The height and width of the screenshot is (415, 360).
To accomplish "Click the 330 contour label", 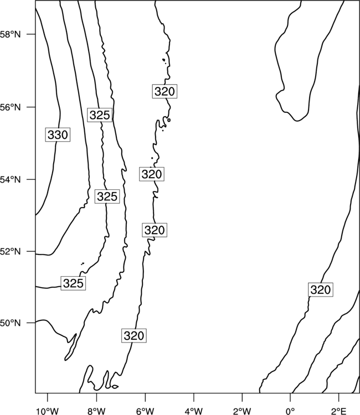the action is [x=58, y=134].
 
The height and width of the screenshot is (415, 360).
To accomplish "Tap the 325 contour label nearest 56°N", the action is [x=100, y=115].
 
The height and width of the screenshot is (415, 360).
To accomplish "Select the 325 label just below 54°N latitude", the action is [x=107, y=196].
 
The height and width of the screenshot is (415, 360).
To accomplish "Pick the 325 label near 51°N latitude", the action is [x=73, y=283].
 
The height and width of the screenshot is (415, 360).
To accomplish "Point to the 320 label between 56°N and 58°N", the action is [x=164, y=91].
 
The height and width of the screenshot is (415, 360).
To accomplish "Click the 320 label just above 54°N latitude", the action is [x=152, y=174].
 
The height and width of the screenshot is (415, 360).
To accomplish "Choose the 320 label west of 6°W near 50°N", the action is [x=134, y=336].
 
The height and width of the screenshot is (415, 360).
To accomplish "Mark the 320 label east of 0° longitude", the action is [x=321, y=289].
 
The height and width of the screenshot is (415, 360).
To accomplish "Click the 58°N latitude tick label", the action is [x=10, y=34].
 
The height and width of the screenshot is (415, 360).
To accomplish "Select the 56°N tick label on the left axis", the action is [x=10, y=107].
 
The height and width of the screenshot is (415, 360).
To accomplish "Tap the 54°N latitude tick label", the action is [x=10, y=180].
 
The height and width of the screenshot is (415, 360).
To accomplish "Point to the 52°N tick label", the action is [x=10, y=251].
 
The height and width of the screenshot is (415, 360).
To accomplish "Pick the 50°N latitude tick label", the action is [x=10, y=323].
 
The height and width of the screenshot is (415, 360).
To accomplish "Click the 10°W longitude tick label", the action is [x=48, y=411].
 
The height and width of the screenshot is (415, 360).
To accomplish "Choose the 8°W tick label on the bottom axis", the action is [x=96, y=411].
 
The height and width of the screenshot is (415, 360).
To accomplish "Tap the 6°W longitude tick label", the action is [x=145, y=411].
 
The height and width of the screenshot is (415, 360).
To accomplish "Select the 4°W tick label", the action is [x=194, y=411].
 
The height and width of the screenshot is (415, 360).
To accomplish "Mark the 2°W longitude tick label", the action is [x=242, y=411].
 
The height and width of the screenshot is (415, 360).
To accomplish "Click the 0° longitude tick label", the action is [x=291, y=411].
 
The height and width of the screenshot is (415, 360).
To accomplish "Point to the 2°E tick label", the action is [x=339, y=411].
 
